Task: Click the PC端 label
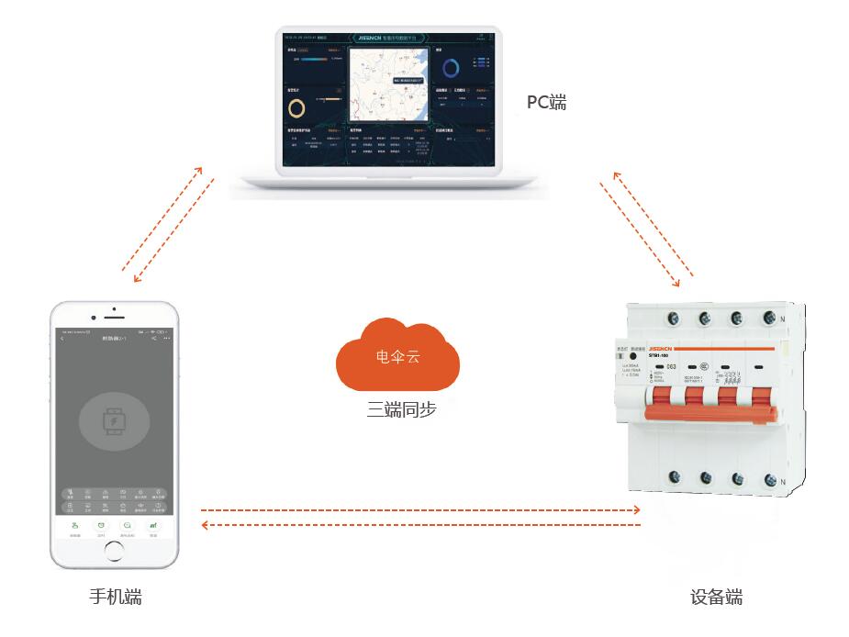pos(546,102)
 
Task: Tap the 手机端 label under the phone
pos(115,598)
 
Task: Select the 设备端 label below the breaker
pos(716,598)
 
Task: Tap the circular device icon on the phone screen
pos(114,421)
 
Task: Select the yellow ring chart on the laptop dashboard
pos(298,108)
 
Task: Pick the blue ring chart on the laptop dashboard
pos(451,68)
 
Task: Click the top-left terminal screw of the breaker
pos(674,318)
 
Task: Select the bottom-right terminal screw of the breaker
pos(769,479)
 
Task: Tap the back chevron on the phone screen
pos(62,339)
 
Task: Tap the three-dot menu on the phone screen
pos(166,339)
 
